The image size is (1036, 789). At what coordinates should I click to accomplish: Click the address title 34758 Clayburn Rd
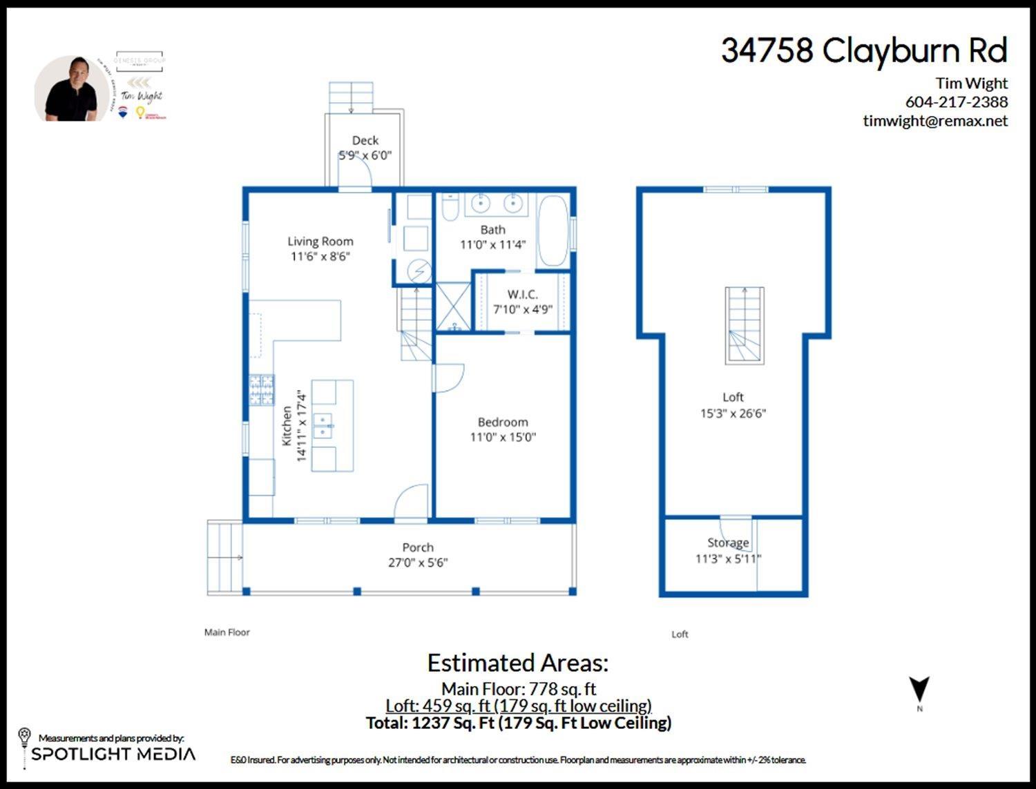coord(864,51)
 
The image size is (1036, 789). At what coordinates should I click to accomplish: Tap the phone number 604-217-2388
coord(956,102)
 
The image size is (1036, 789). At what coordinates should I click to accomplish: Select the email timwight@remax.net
coord(935,121)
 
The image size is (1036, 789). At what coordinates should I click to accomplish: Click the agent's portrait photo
coord(71,90)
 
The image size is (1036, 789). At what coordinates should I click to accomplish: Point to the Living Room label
coord(320,242)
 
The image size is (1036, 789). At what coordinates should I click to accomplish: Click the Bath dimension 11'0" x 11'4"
coord(492,245)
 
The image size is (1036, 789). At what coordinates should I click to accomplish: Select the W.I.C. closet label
coord(522,295)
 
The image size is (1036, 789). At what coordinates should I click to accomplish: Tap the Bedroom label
coord(503,422)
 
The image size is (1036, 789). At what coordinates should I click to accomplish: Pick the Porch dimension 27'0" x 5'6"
coord(418,563)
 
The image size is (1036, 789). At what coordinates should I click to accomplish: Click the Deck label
coord(365,140)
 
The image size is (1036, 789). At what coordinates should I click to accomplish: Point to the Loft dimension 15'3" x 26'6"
coord(733,413)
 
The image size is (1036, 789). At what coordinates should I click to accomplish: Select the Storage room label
coord(728,543)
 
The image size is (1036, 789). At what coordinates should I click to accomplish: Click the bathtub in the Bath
coord(553,231)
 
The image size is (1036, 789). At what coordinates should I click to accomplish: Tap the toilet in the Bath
coord(450,207)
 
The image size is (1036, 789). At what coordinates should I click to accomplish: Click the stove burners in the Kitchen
coord(262,390)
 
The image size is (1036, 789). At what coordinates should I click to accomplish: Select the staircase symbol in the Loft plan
coord(745,326)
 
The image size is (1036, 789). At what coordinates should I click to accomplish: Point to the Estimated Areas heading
coord(518,663)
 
